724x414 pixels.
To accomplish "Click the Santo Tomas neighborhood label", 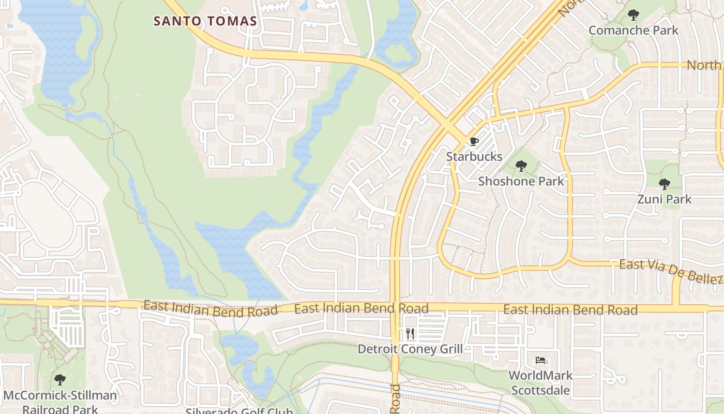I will [205, 21].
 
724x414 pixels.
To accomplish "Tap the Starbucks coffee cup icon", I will [474, 141].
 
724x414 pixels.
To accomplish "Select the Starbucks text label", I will [474, 156].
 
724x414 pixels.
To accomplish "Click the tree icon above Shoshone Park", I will [521, 166].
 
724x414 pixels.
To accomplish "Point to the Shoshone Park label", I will [521, 181].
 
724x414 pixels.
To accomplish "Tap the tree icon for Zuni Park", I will [665, 184].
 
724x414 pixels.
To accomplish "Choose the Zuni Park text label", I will [665, 199].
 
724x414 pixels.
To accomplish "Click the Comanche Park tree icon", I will [633, 15].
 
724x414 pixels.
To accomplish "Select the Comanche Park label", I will [633, 30].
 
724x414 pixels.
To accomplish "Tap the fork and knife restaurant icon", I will [410, 334].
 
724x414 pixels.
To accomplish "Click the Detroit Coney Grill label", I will [410, 349].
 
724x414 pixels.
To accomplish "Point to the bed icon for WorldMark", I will [540, 360].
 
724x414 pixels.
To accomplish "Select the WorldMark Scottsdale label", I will [540, 382].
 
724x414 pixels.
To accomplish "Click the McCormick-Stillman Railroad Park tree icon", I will [60, 380].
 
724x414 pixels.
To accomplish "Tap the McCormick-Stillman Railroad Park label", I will [60, 402].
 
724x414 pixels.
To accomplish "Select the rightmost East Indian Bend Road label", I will [570, 309].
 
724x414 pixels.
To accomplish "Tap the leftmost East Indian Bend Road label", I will [210, 309].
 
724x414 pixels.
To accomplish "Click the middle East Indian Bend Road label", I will [361, 309].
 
